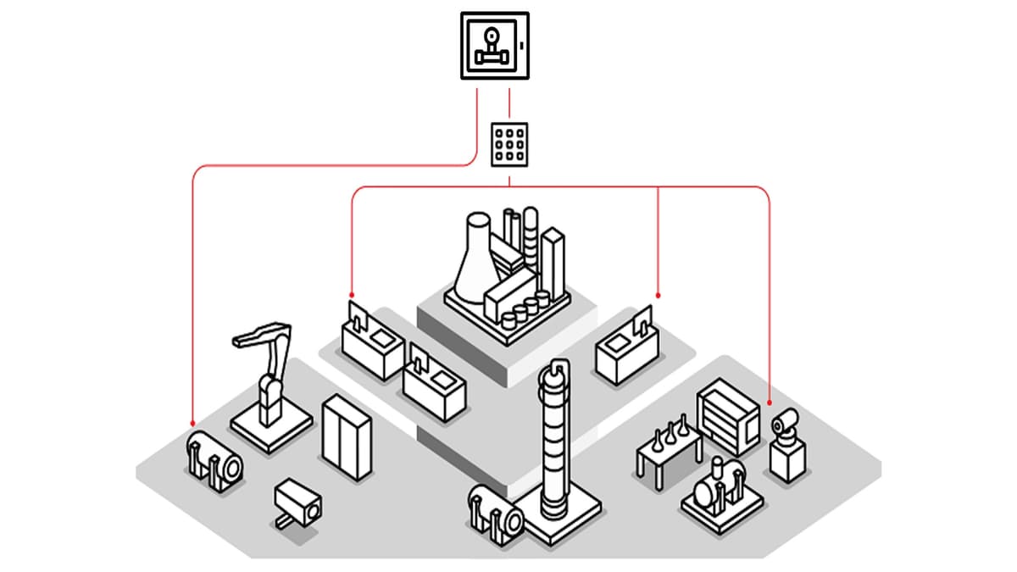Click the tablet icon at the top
[x=495, y=46]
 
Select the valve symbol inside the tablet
[x=492, y=47]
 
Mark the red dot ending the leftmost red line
[x=193, y=423]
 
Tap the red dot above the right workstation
[x=659, y=296]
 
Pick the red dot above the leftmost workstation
[x=352, y=296]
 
